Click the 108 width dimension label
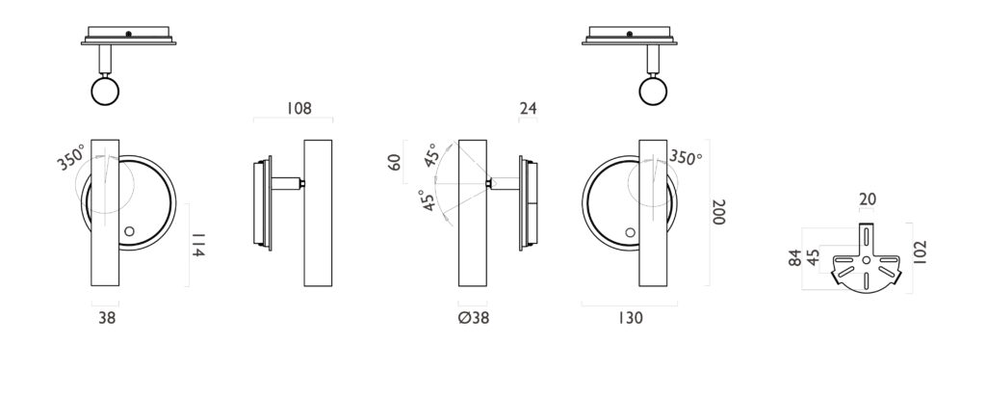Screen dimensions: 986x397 (x=298, y=108)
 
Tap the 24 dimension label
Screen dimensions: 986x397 (x=529, y=108)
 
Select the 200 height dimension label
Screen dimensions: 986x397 (x=718, y=212)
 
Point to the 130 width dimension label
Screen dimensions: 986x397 (x=630, y=318)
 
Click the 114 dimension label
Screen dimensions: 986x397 (x=197, y=245)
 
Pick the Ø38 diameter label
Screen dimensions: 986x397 (x=474, y=318)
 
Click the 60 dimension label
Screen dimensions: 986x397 (x=394, y=162)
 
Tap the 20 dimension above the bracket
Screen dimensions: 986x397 (x=868, y=199)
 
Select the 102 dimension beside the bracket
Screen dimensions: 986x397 (x=920, y=251)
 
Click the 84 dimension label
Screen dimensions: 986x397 (x=795, y=258)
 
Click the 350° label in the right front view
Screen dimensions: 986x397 (x=685, y=157)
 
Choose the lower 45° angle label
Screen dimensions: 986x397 (x=428, y=200)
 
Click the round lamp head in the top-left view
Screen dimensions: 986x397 (x=105, y=92)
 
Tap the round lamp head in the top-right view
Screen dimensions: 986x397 (x=653, y=92)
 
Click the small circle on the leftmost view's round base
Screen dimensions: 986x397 (x=130, y=231)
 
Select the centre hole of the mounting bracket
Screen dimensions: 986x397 (x=866, y=260)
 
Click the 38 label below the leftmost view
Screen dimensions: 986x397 (x=107, y=318)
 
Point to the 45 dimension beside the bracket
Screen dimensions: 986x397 (x=813, y=257)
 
